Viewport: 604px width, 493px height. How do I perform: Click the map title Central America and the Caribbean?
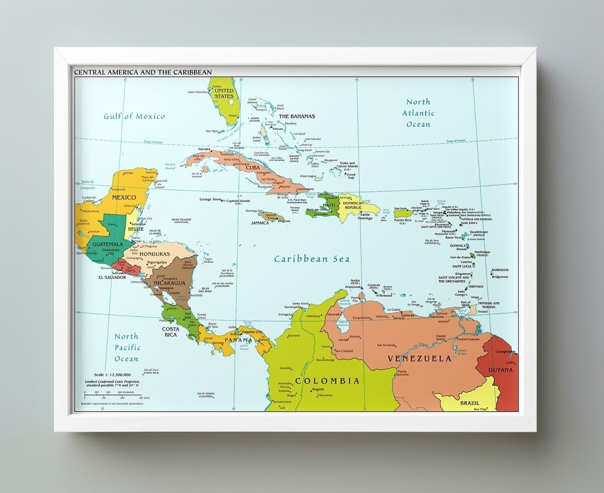[143, 73]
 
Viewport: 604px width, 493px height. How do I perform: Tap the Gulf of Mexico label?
[134, 116]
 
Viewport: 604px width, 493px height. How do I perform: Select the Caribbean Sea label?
[312, 259]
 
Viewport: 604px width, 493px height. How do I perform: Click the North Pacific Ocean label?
[126, 347]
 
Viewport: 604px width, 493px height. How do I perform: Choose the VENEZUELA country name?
[419, 359]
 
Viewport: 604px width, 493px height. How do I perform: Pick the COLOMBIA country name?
[327, 381]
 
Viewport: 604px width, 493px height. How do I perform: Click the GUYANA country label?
[500, 370]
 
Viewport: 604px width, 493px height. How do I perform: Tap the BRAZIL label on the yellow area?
[469, 403]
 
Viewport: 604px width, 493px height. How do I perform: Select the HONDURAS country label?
[155, 254]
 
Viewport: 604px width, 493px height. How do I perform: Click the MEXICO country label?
[124, 197]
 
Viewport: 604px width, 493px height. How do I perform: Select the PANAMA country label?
[238, 340]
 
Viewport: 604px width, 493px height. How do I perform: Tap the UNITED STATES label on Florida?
[224, 93]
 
